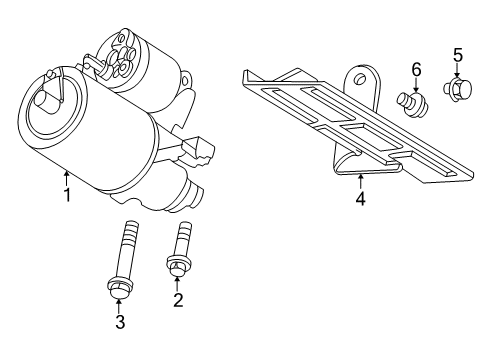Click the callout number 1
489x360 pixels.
(67, 195)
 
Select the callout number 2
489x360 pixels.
(177, 299)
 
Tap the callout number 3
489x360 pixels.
(120, 321)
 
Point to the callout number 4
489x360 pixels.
(361, 199)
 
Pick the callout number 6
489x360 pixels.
(416, 69)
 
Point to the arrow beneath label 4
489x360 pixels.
(361, 180)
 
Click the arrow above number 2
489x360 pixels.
(177, 282)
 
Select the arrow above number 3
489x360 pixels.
(120, 303)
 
